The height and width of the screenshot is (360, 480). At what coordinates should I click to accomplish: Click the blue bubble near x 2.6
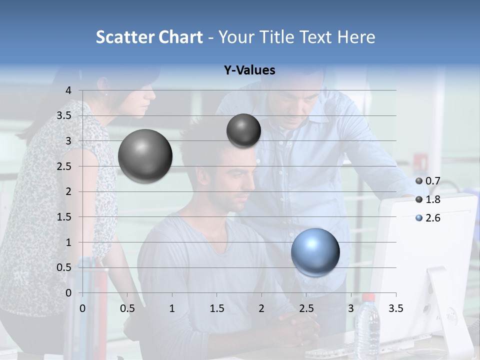point(315,252)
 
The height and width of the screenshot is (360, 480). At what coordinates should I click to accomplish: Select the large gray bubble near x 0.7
point(145,155)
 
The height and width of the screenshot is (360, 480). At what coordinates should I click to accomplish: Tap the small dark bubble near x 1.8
point(243,130)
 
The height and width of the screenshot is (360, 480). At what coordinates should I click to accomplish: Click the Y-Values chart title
point(249,70)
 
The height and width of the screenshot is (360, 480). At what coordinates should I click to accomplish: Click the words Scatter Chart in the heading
point(149,37)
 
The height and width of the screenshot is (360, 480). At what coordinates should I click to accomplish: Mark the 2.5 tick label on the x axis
point(306,308)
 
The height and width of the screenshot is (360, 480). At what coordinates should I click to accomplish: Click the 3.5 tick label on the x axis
point(395,308)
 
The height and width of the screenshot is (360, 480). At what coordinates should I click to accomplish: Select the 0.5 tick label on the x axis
point(127,308)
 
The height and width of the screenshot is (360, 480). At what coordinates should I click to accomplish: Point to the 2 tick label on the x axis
point(261,308)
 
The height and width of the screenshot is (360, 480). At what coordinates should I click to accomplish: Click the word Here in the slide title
point(356,37)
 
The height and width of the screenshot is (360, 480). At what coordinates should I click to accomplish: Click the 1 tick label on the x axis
point(172,308)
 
